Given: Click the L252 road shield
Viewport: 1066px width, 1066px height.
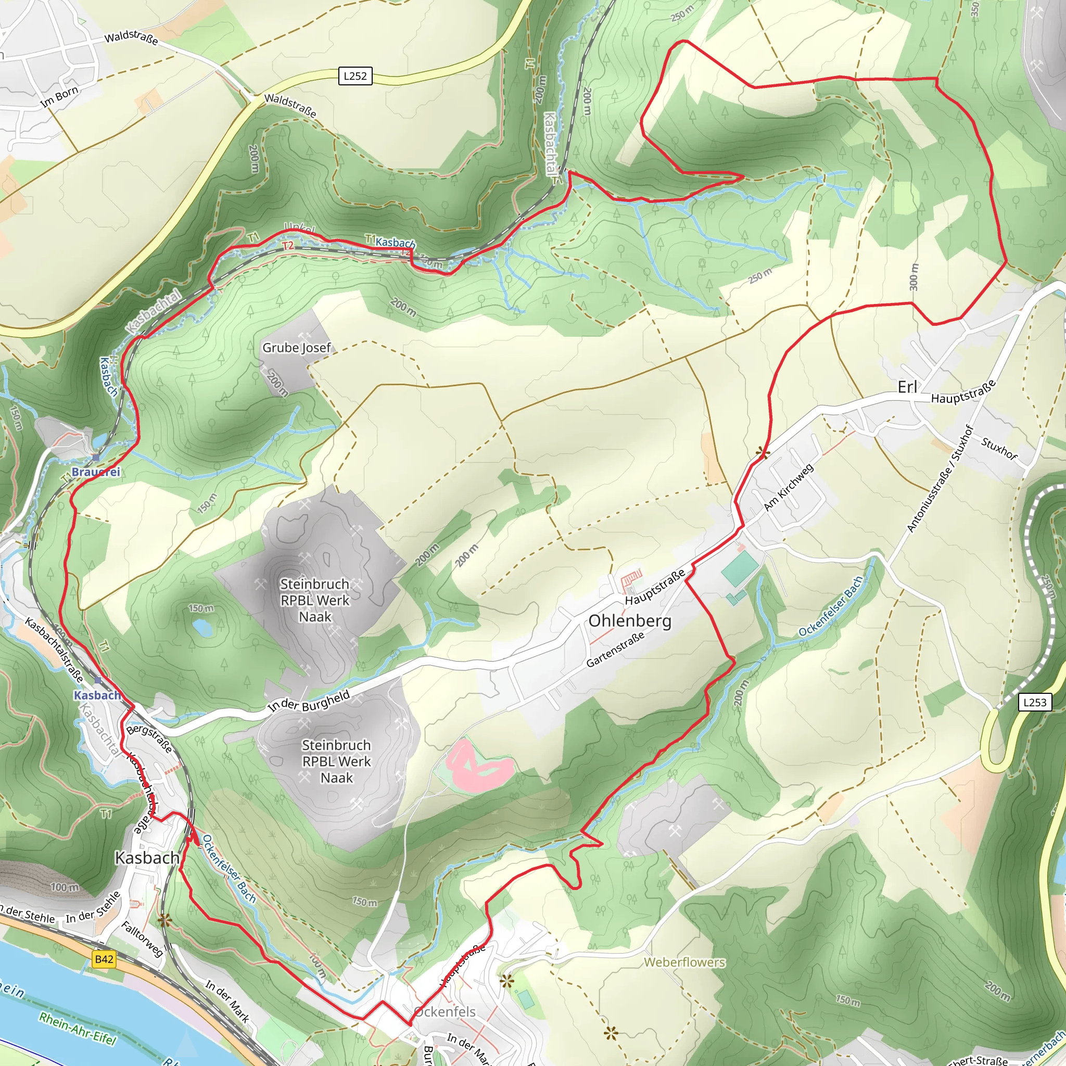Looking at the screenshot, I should pyautogui.click(x=355, y=76).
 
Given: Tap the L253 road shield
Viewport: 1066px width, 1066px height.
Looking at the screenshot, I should pyautogui.click(x=1035, y=702).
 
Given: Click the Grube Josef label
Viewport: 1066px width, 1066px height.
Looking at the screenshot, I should pyautogui.click(x=296, y=348).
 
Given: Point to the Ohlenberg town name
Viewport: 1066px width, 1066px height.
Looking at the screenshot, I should pyautogui.click(x=630, y=621).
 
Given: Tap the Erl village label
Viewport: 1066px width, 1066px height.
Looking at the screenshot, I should pyautogui.click(x=907, y=387).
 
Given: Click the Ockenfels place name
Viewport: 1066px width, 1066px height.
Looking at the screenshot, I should pyautogui.click(x=445, y=1011).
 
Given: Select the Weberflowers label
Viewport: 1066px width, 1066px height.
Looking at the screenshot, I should pyautogui.click(x=684, y=962).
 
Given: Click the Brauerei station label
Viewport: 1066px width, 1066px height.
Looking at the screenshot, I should pyautogui.click(x=95, y=472).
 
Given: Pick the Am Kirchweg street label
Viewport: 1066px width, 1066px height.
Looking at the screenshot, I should pyautogui.click(x=789, y=487).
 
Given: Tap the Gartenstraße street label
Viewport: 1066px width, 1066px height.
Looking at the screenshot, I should pyautogui.click(x=615, y=650).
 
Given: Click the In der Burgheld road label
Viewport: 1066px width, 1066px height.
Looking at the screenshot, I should pyautogui.click(x=309, y=701).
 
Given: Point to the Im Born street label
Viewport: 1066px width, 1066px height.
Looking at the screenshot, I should pyautogui.click(x=59, y=97).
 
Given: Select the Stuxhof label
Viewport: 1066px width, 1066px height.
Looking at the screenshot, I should pyautogui.click(x=999, y=448).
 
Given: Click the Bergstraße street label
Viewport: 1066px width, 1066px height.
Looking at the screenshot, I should pyautogui.click(x=149, y=738).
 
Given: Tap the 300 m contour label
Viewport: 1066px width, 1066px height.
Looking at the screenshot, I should pyautogui.click(x=913, y=277).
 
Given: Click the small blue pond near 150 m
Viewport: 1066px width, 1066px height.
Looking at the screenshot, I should pyautogui.click(x=202, y=627).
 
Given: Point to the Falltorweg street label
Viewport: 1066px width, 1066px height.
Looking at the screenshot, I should pyautogui.click(x=142, y=938).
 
